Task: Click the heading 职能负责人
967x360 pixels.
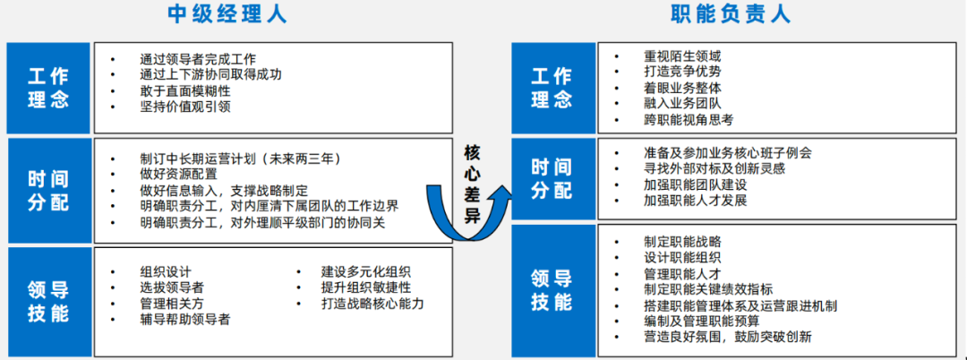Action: [731, 13]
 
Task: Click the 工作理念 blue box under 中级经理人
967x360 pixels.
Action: [48, 88]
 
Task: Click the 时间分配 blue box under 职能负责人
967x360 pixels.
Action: [552, 178]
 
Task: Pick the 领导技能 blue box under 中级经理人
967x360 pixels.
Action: [48, 302]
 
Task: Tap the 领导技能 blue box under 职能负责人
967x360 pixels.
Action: [552, 290]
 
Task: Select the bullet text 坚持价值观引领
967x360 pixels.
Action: [185, 107]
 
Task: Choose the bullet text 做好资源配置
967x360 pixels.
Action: [179, 174]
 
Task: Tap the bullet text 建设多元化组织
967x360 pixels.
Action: [366, 271]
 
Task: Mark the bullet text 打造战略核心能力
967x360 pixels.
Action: [372, 304]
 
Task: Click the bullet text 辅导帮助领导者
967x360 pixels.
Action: [185, 319]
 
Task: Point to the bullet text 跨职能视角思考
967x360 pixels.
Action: [689, 119]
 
